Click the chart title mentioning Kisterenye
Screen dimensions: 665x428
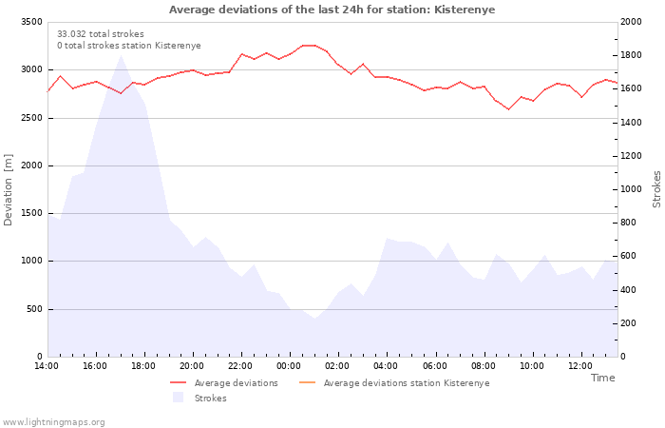coord(332,10)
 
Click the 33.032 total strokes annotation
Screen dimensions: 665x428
coord(101,34)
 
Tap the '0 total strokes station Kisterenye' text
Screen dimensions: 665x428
coord(129,46)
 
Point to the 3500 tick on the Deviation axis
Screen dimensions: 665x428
coord(31,22)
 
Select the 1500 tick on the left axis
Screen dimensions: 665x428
coord(31,213)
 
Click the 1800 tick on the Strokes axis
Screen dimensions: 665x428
coord(631,55)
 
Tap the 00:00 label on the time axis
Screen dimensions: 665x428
coord(289,366)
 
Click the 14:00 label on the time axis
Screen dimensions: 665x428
coord(47,366)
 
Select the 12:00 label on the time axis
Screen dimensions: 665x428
coord(580,366)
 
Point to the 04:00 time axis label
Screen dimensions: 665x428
coord(386,366)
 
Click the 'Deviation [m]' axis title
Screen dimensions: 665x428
coord(8,190)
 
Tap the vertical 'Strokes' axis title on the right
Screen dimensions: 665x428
coord(656,189)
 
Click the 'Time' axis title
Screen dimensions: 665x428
coord(602,378)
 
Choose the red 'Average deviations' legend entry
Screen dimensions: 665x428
coord(224,383)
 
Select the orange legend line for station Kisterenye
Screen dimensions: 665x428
coord(308,382)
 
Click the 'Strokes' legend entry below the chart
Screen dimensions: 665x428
coord(199,398)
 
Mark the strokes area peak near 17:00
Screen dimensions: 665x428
coord(121,55)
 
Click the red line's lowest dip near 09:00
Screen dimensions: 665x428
coord(508,109)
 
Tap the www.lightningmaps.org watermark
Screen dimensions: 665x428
coord(53,422)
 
